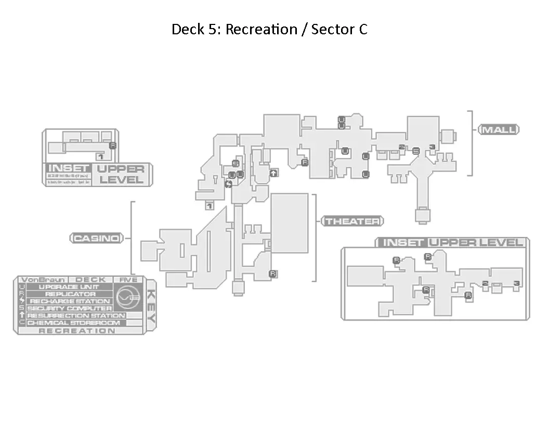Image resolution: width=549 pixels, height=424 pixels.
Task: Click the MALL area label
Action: (499, 129)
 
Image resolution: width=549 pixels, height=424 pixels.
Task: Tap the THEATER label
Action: (352, 221)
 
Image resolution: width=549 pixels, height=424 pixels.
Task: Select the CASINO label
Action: (97, 238)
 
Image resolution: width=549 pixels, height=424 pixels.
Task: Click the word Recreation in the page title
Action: (261, 30)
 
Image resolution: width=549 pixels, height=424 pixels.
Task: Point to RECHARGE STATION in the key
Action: (70, 301)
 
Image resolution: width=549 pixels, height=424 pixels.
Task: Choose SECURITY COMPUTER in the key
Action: (70, 309)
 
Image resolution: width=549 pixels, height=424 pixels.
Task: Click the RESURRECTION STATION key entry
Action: (76, 315)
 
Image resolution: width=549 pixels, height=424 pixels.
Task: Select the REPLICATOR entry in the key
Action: (70, 294)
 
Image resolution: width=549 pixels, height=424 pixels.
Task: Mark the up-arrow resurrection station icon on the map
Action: (273, 173)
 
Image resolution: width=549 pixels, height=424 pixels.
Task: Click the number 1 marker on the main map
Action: (210, 206)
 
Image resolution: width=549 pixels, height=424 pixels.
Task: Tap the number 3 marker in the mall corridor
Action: (432, 147)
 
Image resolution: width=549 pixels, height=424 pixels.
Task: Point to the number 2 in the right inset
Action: (485, 283)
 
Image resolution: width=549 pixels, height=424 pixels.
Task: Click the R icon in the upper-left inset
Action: (113, 145)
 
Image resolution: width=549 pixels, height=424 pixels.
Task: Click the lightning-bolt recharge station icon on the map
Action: (228, 183)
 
